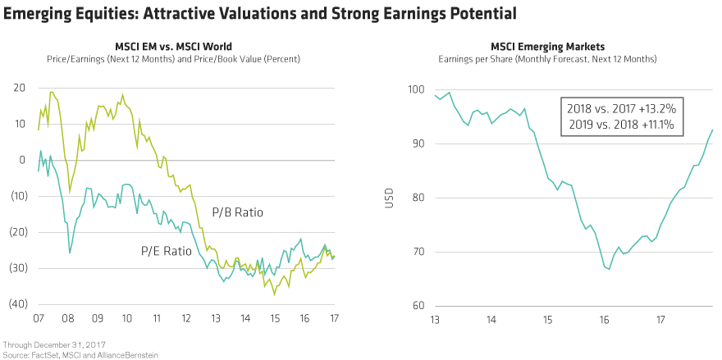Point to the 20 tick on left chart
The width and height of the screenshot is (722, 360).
pos(19,89)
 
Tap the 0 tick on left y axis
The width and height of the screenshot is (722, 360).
pos(22,160)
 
